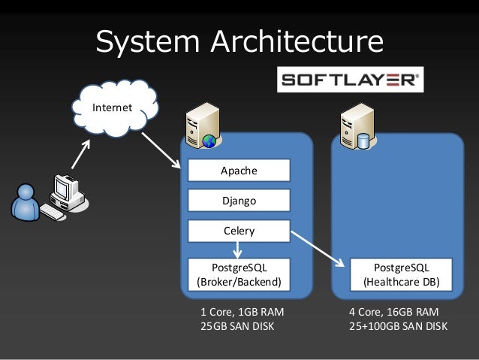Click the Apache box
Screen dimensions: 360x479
(x=239, y=171)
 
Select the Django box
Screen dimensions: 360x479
(x=239, y=201)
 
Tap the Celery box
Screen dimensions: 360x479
(x=239, y=231)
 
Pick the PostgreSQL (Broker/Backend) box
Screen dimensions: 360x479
(x=239, y=275)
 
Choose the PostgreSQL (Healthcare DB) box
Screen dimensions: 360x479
(x=401, y=275)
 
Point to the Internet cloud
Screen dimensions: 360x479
(x=116, y=107)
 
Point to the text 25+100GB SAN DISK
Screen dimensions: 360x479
(x=398, y=327)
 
